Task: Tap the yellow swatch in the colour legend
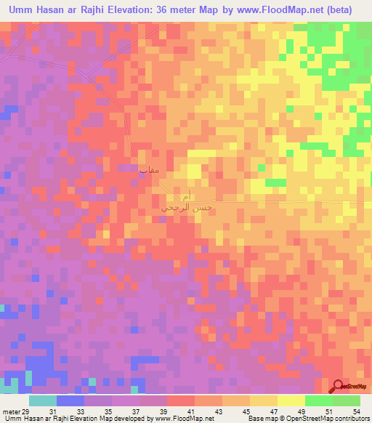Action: [291, 400]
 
